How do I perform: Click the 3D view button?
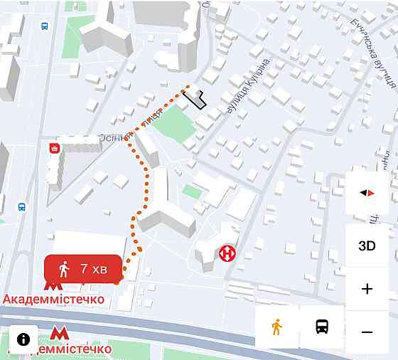[367, 246]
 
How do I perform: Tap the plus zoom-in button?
[367, 289]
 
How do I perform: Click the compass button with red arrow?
[367, 193]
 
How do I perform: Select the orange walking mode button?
[277, 327]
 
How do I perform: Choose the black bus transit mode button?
[322, 327]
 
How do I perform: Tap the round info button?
[23, 339]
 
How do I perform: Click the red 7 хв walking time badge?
[83, 269]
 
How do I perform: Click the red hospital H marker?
[227, 253]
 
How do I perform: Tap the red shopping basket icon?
[54, 148]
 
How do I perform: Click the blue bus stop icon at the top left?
[45, 26]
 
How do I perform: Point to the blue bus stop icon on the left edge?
[22, 207]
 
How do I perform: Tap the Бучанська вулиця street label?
[371, 43]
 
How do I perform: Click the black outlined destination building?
[197, 99]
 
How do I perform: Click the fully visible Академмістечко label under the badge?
[54, 300]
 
